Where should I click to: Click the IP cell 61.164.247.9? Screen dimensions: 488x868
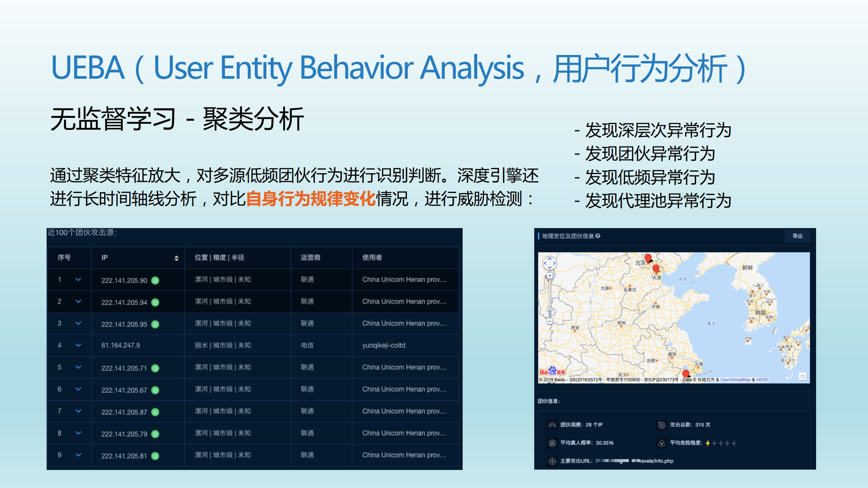click(x=120, y=345)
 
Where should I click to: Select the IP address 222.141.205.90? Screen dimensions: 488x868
click(x=124, y=280)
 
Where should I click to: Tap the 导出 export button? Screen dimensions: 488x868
click(x=797, y=236)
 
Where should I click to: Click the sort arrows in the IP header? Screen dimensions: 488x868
click(x=176, y=258)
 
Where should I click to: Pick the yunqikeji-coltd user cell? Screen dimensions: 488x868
click(x=384, y=345)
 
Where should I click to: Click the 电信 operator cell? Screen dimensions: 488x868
click(x=307, y=345)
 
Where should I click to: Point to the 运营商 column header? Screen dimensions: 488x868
click(x=310, y=257)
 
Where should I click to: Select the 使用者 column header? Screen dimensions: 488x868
click(x=372, y=257)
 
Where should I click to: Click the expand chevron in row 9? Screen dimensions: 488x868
click(x=78, y=455)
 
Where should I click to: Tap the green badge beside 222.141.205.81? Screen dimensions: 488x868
click(x=155, y=456)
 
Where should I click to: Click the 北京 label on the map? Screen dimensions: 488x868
click(x=640, y=263)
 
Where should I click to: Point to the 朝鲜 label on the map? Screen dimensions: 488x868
click(x=747, y=268)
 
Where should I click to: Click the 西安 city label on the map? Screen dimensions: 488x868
click(x=575, y=328)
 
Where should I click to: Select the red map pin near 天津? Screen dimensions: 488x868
click(x=656, y=269)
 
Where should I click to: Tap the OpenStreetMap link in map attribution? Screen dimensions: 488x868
click(x=735, y=380)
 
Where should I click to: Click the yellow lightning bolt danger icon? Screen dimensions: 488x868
click(x=708, y=443)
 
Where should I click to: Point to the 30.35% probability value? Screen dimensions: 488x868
click(x=604, y=443)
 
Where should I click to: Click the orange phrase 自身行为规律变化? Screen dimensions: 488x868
click(x=310, y=199)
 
